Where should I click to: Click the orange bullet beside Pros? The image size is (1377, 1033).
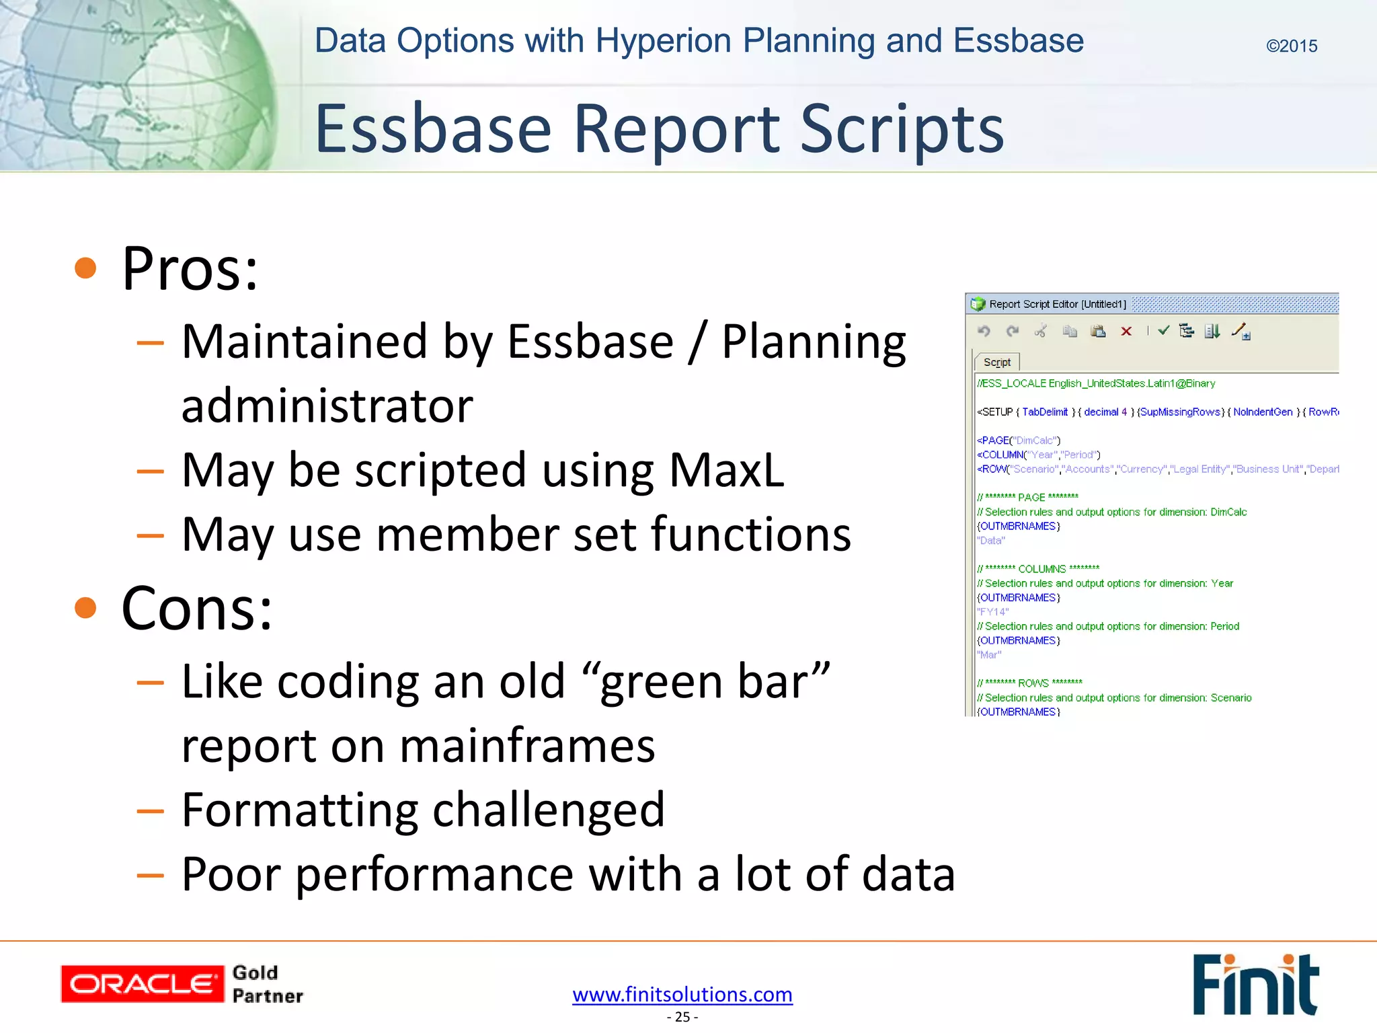(x=85, y=268)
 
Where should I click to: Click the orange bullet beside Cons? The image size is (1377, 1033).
(x=85, y=608)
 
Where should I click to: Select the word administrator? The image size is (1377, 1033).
(x=327, y=406)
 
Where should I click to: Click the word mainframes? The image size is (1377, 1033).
(x=527, y=747)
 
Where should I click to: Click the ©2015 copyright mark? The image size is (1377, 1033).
(x=1291, y=46)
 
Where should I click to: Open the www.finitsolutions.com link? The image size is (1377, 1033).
(x=682, y=994)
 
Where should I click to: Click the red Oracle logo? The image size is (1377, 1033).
(x=142, y=984)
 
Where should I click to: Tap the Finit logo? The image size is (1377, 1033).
(x=1255, y=985)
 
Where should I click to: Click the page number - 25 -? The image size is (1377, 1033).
(x=682, y=1017)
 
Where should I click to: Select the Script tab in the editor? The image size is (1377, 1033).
(x=996, y=362)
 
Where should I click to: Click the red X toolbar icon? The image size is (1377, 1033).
(x=1126, y=331)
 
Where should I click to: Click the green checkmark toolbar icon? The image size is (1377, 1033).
(x=1164, y=330)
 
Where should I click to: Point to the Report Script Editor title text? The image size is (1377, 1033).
(x=1057, y=304)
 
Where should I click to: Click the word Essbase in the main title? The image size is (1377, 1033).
(x=433, y=129)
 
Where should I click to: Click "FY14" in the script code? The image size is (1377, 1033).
(x=992, y=612)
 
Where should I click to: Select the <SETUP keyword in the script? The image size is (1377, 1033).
(x=995, y=412)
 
